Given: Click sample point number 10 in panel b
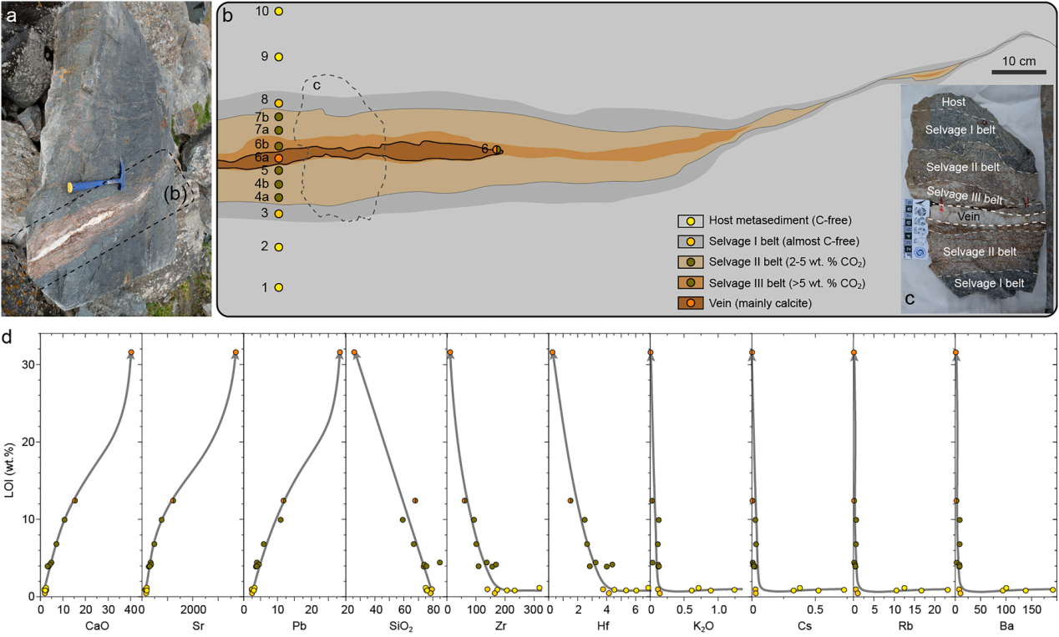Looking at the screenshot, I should pyautogui.click(x=279, y=11).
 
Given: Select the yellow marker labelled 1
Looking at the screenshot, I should pyautogui.click(x=279, y=287).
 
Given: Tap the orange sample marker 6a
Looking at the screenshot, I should pyautogui.click(x=279, y=158).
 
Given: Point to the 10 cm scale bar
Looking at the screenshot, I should pyautogui.click(x=1018, y=72).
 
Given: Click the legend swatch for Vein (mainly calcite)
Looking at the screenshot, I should pyautogui.click(x=691, y=302).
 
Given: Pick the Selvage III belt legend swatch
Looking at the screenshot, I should pyautogui.click(x=691, y=282).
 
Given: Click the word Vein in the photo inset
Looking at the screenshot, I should pyautogui.click(x=968, y=215).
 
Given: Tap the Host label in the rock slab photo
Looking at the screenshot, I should pyautogui.click(x=954, y=102).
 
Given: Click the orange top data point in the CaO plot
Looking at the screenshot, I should pyautogui.click(x=131, y=352).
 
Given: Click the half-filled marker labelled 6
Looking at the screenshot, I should pyautogui.click(x=498, y=149).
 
